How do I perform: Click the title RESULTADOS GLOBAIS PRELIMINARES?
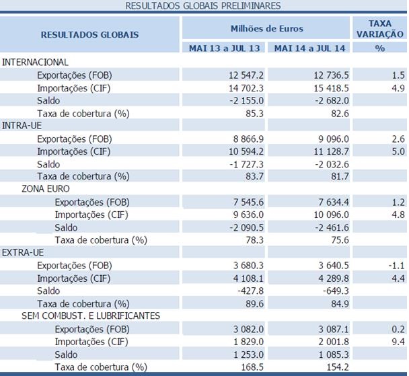(203, 5)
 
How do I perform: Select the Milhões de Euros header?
(266, 29)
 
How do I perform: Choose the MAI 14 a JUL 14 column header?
(309, 48)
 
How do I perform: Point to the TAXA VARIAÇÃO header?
(379, 28)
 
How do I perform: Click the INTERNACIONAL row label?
(36, 62)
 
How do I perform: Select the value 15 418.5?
(326, 87)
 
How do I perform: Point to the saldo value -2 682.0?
(328, 100)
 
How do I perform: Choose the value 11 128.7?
(326, 151)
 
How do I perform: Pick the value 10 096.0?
(326, 215)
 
